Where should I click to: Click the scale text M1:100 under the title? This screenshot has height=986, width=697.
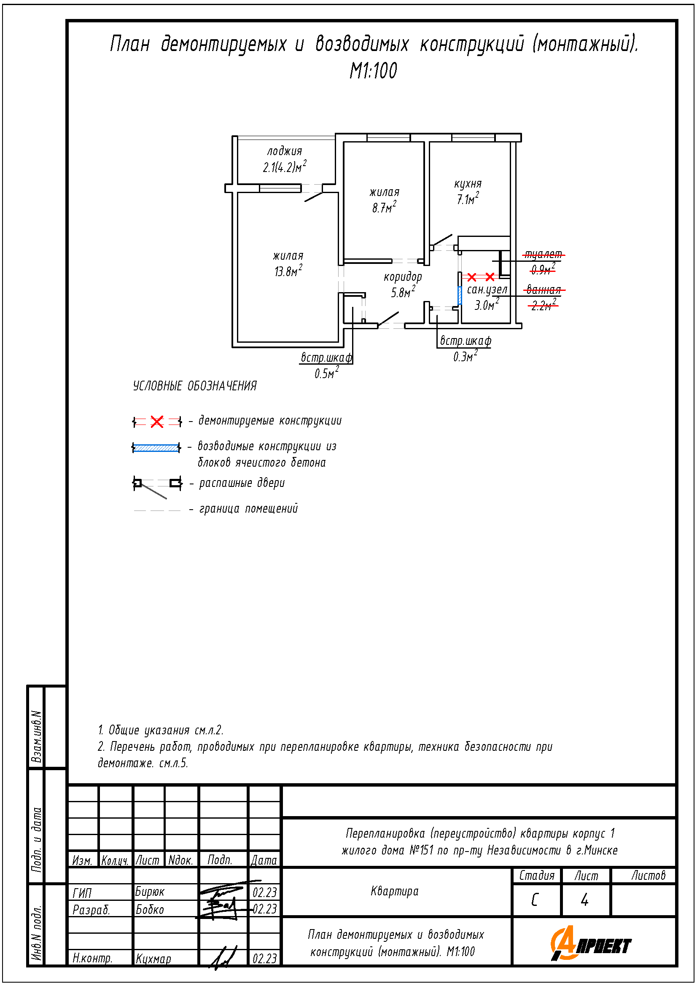pyautogui.click(x=373, y=70)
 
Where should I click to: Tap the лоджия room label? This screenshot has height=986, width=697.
pyautogui.click(x=284, y=152)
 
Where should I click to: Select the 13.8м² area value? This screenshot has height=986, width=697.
pyautogui.click(x=288, y=271)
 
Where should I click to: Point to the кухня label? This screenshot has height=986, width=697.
pyautogui.click(x=468, y=184)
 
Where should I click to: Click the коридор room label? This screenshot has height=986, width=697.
pyautogui.click(x=403, y=277)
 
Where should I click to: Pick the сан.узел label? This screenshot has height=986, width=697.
pyautogui.click(x=487, y=290)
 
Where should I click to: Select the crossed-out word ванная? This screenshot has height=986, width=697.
pyautogui.click(x=544, y=290)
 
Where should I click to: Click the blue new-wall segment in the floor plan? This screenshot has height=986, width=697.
pyautogui.click(x=460, y=295)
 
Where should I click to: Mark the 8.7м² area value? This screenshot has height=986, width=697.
pyautogui.click(x=384, y=207)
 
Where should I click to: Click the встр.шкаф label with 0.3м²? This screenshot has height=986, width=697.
pyautogui.click(x=466, y=341)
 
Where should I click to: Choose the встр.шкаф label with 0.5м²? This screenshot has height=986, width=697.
pyautogui.click(x=326, y=358)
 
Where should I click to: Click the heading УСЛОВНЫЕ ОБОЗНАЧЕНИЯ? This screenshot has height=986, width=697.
pyautogui.click(x=194, y=386)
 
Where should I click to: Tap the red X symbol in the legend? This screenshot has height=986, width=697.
pyautogui.click(x=157, y=422)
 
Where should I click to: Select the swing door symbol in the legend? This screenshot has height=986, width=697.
pyautogui.click(x=157, y=486)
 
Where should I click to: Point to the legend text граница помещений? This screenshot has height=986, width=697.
pyautogui.click(x=248, y=509)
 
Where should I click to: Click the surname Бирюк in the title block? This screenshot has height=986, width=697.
pyautogui.click(x=149, y=892)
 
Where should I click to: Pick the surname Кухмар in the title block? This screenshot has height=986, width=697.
pyautogui.click(x=153, y=959)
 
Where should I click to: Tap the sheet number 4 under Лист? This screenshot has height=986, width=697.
pyautogui.click(x=584, y=900)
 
